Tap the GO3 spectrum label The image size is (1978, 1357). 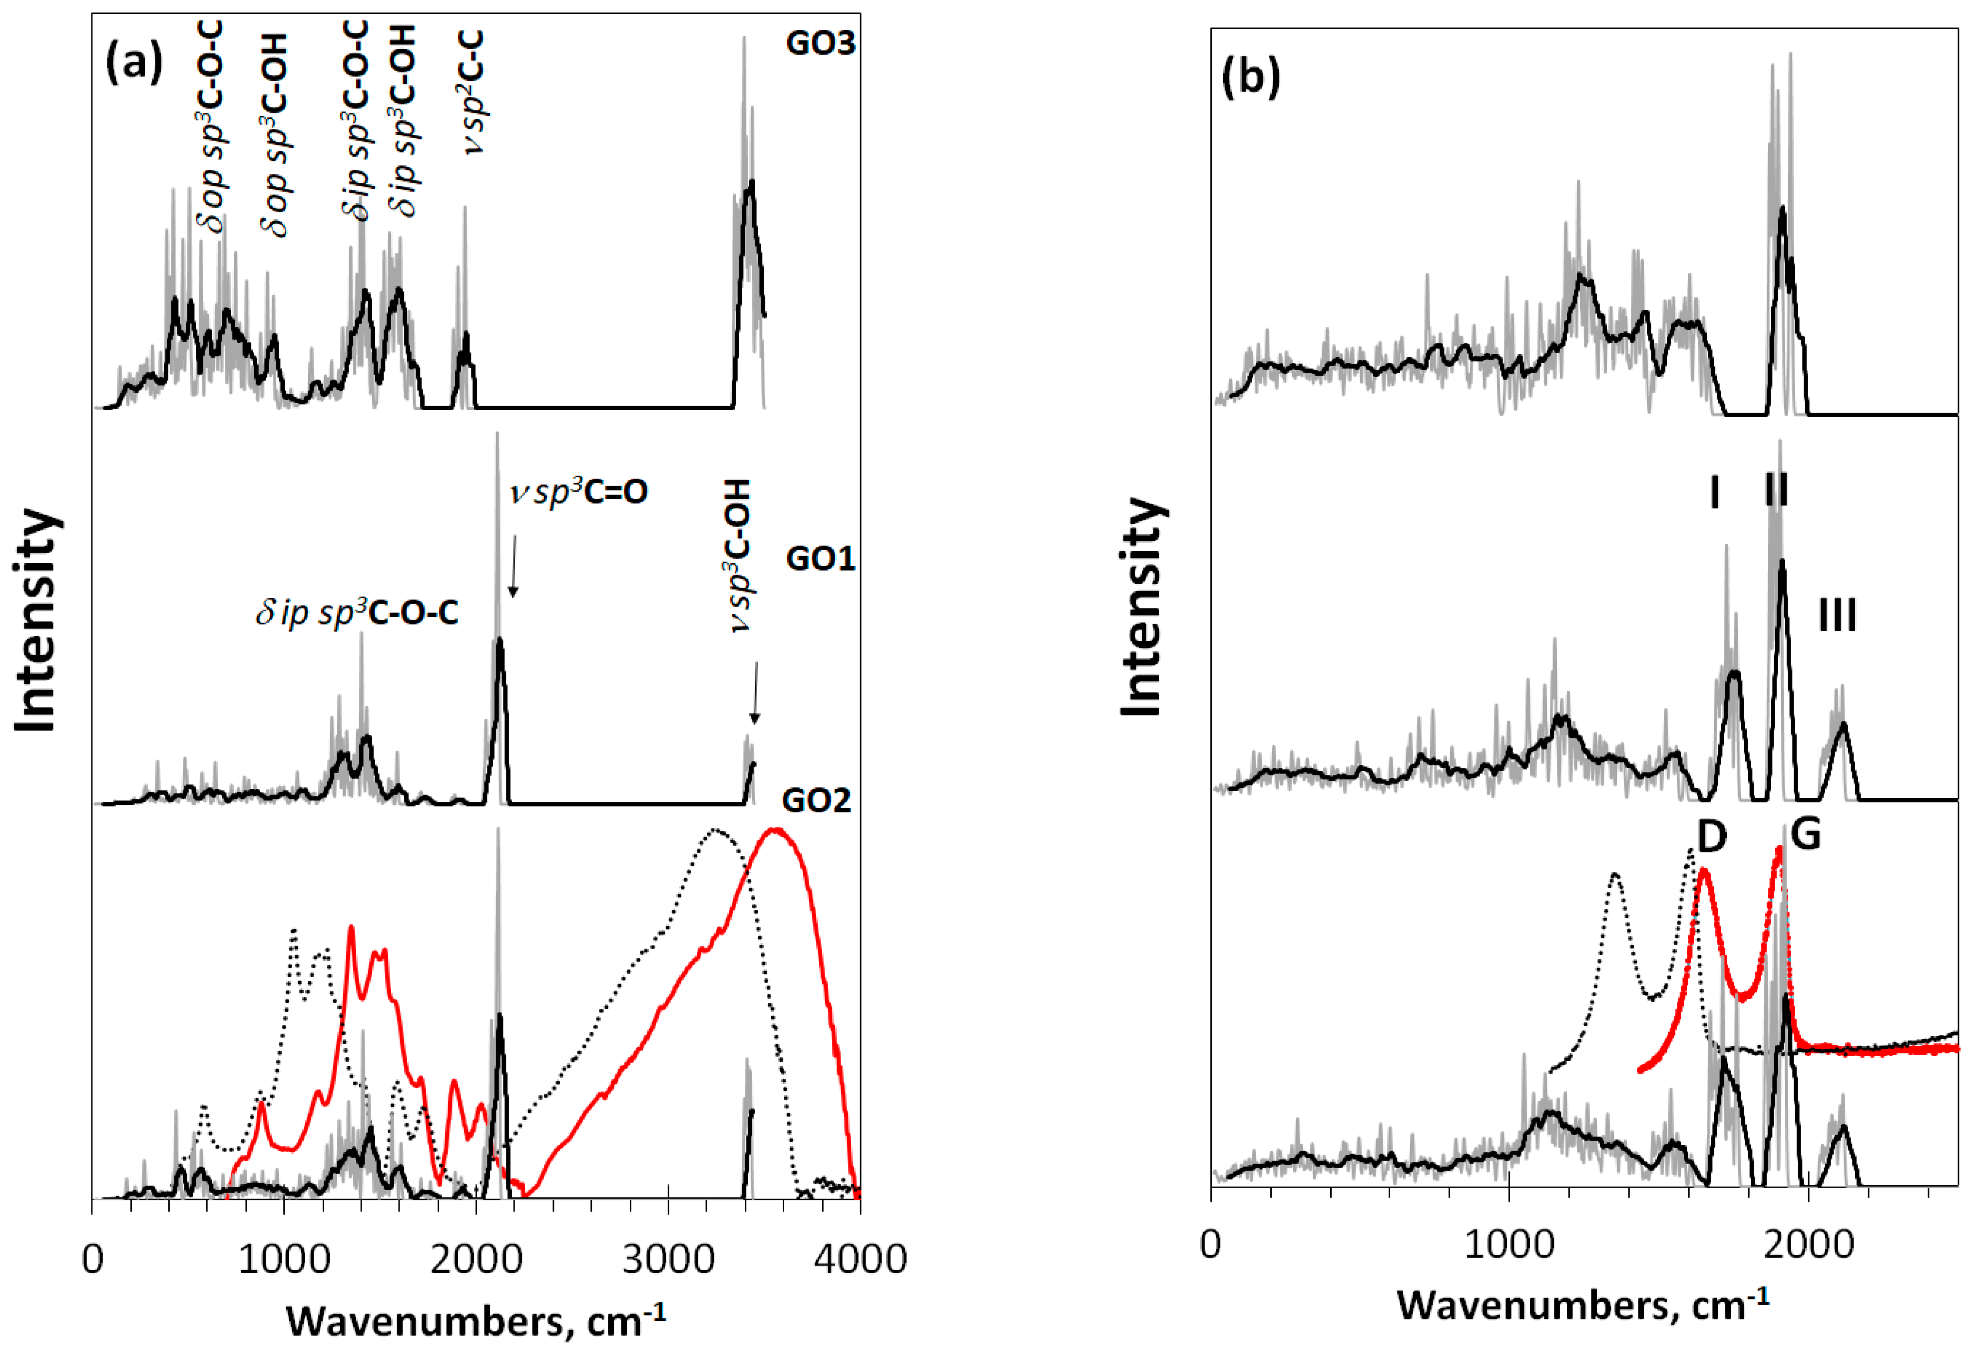pos(820,42)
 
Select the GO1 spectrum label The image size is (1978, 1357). pos(820,559)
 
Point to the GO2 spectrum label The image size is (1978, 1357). pos(815,800)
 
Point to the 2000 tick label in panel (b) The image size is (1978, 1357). pos(1807,1245)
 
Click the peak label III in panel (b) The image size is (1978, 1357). pos(1837,616)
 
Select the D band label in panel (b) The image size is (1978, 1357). pos(1712,838)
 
